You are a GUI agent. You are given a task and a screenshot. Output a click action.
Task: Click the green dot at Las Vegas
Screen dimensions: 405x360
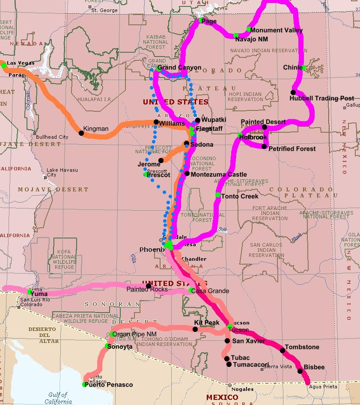pos(4,65)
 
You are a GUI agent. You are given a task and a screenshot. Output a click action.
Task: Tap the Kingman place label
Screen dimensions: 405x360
pos(96,128)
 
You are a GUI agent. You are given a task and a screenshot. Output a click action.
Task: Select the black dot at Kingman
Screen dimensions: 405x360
pos(81,133)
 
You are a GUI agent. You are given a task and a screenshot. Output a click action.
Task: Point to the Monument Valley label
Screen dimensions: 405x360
pos(276,30)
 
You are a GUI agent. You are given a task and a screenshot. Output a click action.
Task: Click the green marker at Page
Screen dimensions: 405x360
pos(201,20)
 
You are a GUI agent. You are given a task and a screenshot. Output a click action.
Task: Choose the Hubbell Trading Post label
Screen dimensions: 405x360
pos(321,98)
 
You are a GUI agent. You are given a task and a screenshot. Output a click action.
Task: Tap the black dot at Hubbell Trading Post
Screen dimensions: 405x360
pos(293,92)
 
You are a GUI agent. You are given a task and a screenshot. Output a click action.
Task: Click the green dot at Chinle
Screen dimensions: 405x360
pos(303,68)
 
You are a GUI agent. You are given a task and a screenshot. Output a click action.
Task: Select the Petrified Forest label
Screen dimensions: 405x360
pos(292,149)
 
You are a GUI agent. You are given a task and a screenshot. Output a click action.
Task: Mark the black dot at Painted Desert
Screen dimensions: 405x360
pos(265,127)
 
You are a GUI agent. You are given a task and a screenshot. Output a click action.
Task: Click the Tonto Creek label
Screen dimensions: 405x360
pos(240,196)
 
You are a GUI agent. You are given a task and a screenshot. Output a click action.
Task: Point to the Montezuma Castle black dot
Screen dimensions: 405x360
pos(187,173)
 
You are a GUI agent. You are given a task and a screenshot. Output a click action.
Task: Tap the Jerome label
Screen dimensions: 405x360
pos(149,164)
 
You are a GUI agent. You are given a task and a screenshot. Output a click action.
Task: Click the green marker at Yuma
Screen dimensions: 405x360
pos(30,292)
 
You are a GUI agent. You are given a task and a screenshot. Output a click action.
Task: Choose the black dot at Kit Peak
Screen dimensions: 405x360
pos(195,329)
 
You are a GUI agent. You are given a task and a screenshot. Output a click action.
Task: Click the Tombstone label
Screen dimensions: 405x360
pos(302,347)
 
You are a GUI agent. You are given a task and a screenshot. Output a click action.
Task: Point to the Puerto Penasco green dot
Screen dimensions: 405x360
pos(85,384)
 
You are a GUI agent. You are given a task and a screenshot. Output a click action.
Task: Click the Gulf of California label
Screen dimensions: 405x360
pos(58,398)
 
